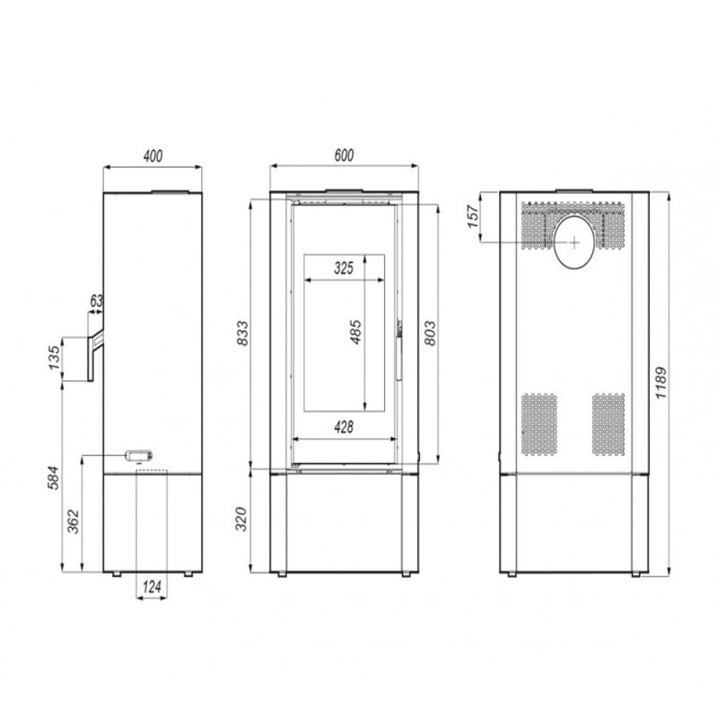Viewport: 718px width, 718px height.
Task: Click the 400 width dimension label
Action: point(152,156)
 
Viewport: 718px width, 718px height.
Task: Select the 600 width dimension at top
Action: point(344,155)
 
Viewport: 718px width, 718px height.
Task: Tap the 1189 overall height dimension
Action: point(661,383)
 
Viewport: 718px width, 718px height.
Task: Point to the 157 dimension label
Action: point(472,217)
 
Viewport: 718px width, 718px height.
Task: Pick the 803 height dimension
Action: point(430,333)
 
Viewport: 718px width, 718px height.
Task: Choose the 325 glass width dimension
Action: point(344,268)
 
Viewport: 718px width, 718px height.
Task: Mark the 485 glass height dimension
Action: point(355,332)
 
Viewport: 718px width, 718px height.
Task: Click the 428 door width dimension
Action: point(344,427)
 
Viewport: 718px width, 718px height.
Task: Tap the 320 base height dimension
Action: point(241,519)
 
